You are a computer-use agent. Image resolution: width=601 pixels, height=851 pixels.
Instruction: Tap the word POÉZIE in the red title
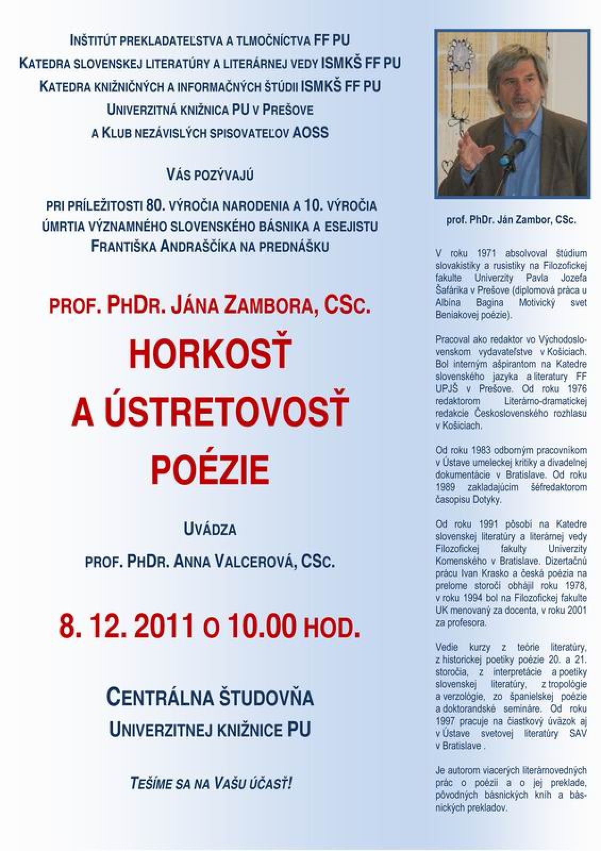tap(210, 469)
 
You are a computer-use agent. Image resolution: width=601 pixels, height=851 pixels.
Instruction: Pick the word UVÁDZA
tap(210, 529)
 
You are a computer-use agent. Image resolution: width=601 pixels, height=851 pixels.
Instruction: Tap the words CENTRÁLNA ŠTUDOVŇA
tap(210, 697)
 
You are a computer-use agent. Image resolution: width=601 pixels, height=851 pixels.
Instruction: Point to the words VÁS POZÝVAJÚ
tap(210, 174)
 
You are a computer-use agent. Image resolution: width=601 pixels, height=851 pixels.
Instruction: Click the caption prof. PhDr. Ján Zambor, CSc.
tap(511, 220)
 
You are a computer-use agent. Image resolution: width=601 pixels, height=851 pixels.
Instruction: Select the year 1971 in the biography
tap(488, 253)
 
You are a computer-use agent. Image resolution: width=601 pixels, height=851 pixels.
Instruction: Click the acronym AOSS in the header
tap(311, 132)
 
